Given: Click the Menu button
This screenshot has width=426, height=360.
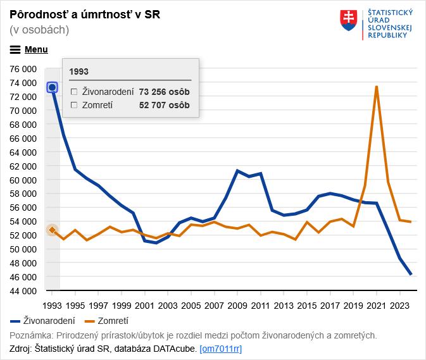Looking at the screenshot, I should (29, 49).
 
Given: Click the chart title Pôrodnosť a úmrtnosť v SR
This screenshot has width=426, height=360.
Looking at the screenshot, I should (85, 15).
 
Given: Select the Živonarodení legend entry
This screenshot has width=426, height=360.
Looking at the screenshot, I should (43, 321).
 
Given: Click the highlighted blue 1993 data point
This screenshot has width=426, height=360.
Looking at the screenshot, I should (53, 87).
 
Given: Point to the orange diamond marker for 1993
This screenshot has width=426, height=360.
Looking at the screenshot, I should (53, 230).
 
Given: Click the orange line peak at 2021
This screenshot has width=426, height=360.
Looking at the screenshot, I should (377, 87).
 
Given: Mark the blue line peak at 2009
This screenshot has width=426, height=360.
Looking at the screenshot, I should (237, 171).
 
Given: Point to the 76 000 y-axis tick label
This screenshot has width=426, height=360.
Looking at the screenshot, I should (23, 68).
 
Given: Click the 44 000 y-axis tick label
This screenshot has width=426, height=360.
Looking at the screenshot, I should (23, 291).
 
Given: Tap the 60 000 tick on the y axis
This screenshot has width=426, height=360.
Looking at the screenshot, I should (23, 180).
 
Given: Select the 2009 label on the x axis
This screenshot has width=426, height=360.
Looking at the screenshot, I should (237, 304).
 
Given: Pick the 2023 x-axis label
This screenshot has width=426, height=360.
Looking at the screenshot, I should (399, 304).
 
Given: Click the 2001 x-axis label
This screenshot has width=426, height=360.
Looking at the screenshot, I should (145, 304).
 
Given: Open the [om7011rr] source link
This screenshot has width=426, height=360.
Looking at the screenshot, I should (220, 349).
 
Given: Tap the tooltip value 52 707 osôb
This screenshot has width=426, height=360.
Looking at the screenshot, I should (164, 105).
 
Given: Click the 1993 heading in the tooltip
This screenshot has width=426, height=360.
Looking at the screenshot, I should (79, 71).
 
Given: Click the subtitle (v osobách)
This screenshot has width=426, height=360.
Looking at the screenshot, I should (39, 30).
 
